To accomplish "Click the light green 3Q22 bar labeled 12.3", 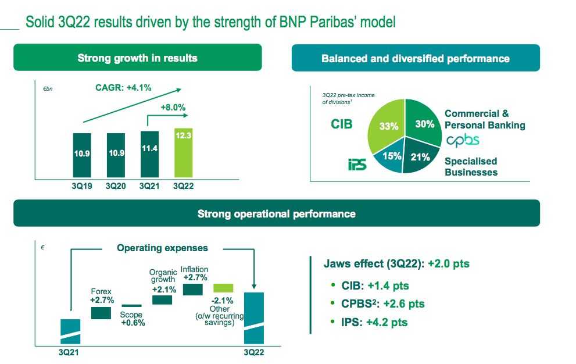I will coord(183,152).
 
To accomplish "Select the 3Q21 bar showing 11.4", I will coord(149,154).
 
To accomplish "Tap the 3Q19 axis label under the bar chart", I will coord(83,186).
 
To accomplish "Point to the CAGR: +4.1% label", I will coord(123,88).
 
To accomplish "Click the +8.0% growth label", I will coord(173,107).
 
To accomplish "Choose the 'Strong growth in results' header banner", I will coord(137,58).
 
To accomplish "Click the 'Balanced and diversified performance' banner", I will coord(415,59).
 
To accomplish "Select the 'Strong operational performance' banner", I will coord(276,214).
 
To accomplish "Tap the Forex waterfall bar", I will coord(101,313).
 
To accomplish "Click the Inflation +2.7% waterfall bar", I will coord(192,289).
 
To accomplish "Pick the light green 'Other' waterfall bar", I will coord(223,288).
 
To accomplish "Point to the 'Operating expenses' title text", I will coord(162,248).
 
